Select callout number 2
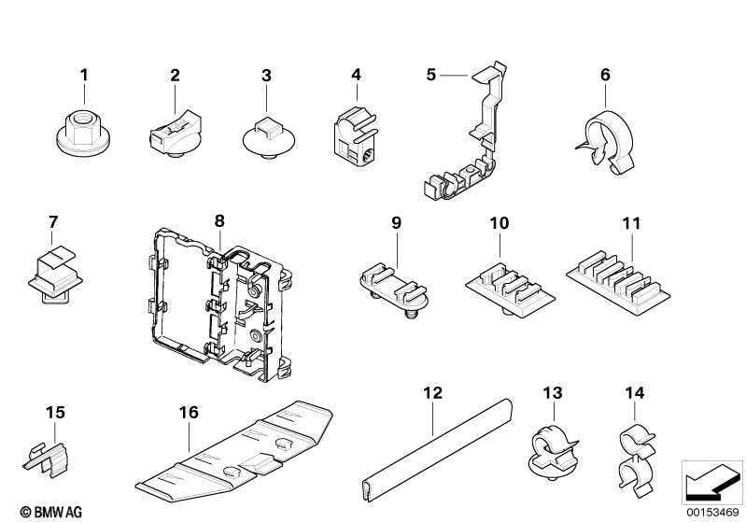(x=176, y=76)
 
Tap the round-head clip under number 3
(x=268, y=138)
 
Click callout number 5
(x=430, y=75)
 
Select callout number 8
(x=218, y=221)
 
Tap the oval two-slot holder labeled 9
(x=393, y=289)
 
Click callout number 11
(x=631, y=223)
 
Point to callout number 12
(x=432, y=393)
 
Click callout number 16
(x=189, y=413)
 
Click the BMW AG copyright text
(x=51, y=512)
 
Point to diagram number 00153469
(x=712, y=513)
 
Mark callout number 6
(x=605, y=75)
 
